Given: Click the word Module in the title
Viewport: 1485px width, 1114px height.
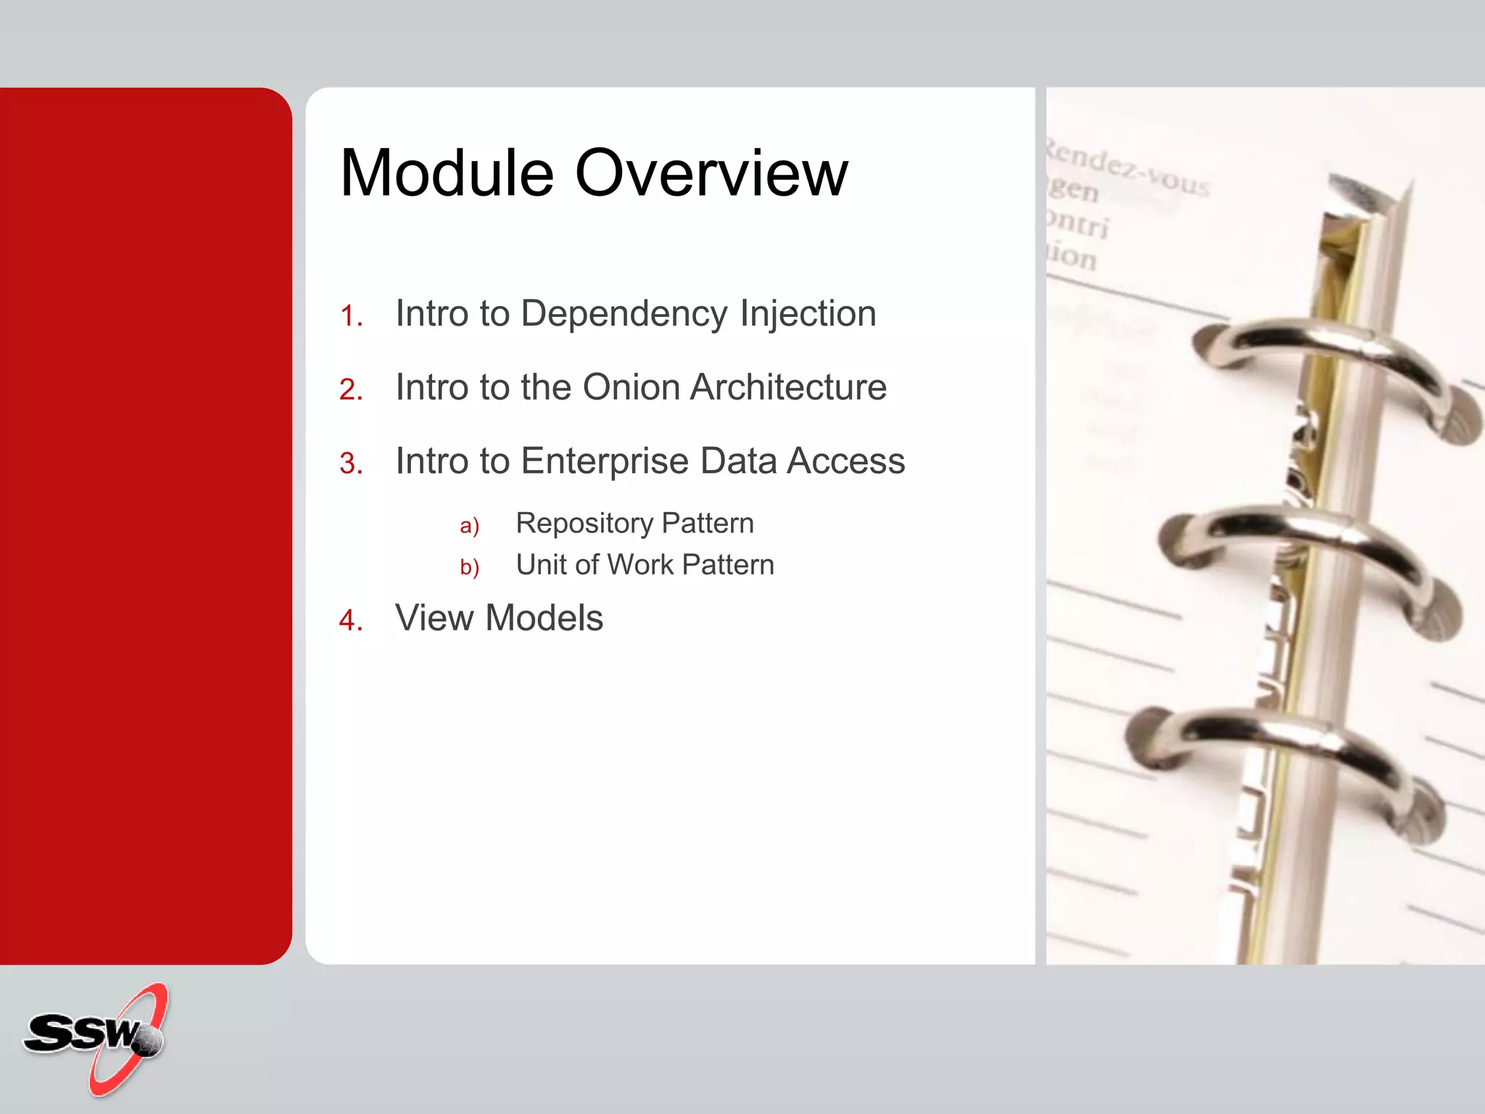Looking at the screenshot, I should (447, 173).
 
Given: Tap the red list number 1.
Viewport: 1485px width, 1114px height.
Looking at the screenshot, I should (351, 317).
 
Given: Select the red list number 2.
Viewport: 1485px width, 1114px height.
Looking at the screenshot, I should (351, 390).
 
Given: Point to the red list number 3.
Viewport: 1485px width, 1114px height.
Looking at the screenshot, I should (351, 464).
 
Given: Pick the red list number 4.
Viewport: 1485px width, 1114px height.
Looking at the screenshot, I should (351, 621).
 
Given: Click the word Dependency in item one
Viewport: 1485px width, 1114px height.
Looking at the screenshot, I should (624, 315).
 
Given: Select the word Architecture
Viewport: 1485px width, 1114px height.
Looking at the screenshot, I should (788, 387).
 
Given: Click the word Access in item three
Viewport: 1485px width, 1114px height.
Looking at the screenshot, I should (846, 461).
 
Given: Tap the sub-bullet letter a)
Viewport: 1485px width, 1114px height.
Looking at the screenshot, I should (469, 526).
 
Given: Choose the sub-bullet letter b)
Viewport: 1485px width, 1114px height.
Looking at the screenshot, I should (469, 567).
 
